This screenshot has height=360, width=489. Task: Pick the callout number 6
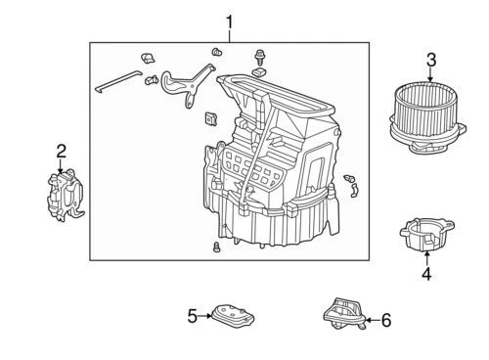click(384, 319)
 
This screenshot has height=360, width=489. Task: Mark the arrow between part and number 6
click(370, 319)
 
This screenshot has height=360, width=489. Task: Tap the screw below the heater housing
click(213, 249)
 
